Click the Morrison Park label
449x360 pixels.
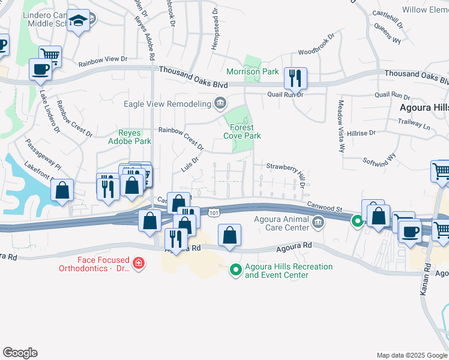pos(253,72)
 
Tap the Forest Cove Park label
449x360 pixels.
pos(243,131)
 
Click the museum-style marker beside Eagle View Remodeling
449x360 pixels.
pos(220,103)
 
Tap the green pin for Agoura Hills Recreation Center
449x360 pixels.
pos(235,271)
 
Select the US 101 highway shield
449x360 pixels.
pos(214,213)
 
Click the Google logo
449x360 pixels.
pos(20,353)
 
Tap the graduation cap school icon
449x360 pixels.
pos(77,22)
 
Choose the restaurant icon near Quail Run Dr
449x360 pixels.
pos(295,78)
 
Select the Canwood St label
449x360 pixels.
pos(325,206)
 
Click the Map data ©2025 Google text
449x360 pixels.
pos(412,355)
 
